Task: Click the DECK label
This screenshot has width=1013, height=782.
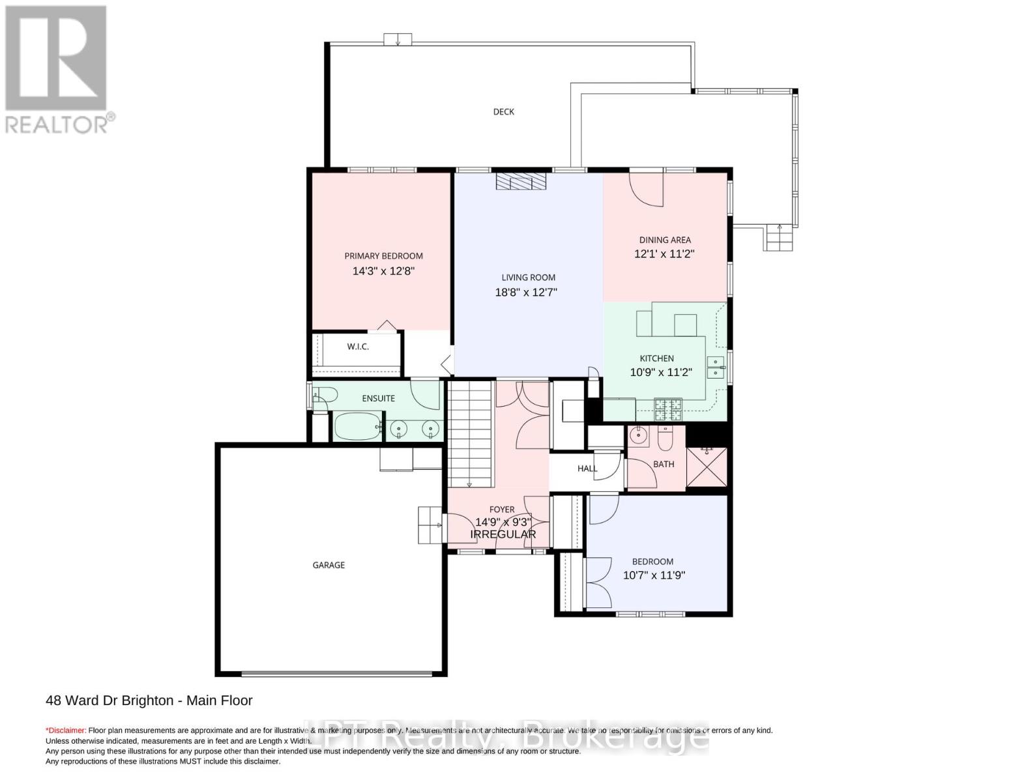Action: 503,111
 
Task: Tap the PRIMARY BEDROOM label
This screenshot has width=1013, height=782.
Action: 383,256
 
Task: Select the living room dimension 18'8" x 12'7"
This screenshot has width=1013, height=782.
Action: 526,293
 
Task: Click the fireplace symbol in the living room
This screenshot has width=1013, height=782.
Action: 520,181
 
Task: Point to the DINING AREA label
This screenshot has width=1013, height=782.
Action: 664,240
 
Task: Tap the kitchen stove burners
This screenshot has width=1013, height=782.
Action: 668,409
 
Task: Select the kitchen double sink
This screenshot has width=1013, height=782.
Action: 715,367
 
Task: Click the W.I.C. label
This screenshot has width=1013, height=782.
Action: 357,347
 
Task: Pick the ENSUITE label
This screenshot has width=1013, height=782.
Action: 378,398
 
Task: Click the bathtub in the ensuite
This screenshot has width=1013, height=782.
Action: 357,427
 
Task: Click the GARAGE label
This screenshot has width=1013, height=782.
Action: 329,565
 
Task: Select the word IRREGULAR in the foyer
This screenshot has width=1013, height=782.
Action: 503,534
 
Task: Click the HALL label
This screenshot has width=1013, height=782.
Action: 587,469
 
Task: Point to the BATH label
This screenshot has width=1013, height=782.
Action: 664,464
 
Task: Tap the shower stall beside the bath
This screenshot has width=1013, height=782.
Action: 707,466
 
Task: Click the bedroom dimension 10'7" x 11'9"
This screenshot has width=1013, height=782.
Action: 654,575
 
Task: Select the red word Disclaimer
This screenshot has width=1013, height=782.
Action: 66,731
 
